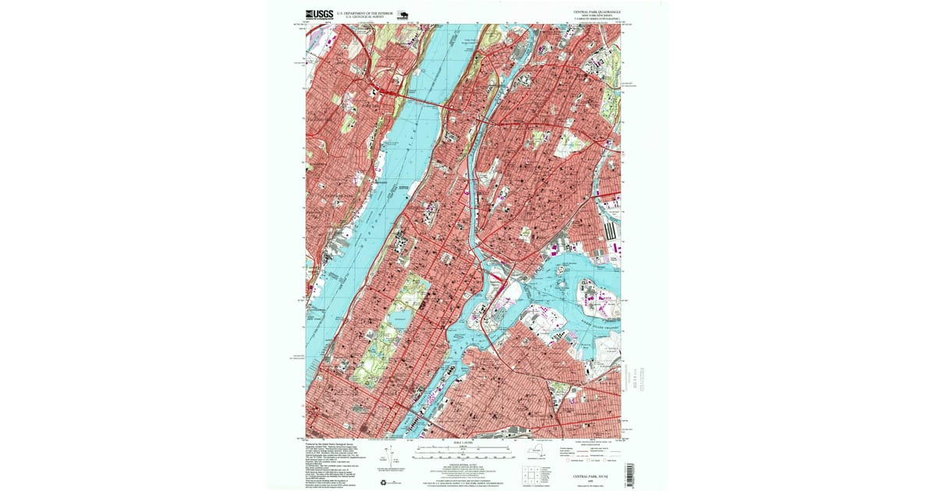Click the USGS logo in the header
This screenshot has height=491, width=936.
click(x=319, y=13)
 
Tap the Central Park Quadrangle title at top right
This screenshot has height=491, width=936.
click(x=597, y=12)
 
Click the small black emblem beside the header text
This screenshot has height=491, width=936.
click(x=402, y=13)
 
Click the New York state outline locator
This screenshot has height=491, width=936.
click(x=537, y=451)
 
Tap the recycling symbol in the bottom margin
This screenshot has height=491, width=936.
click(x=382, y=482)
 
